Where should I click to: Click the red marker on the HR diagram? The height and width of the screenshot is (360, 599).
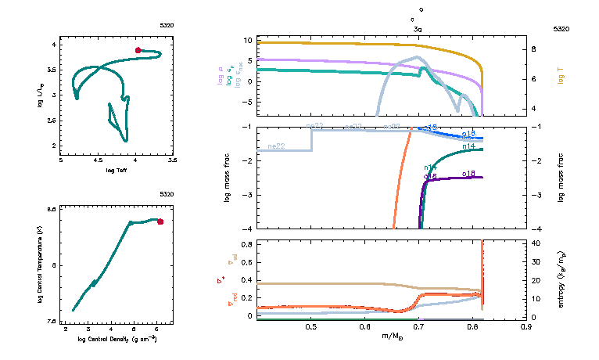point(138,50)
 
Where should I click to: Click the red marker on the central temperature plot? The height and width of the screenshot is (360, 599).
point(160,221)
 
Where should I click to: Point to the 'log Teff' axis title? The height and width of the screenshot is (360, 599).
point(116,169)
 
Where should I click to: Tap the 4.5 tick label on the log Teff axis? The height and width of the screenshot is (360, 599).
point(99,160)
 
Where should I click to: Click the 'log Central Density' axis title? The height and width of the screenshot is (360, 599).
point(116,340)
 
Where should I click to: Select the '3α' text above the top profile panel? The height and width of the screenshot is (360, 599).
point(418,28)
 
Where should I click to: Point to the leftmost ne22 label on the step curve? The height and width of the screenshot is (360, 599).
point(276,146)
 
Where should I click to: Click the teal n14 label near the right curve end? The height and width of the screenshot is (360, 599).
point(470,146)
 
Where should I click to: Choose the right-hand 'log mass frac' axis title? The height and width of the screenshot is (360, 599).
point(561,178)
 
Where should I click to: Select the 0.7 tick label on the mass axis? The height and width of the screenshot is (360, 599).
point(418,327)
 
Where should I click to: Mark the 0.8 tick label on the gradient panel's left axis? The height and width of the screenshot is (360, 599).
point(246,244)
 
